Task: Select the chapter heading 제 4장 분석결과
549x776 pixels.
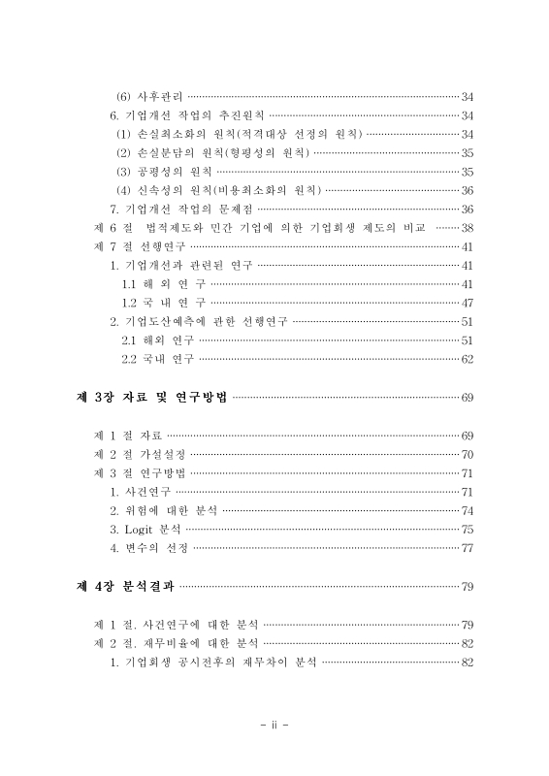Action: point(125,586)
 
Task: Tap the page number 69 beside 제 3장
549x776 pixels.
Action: point(467,398)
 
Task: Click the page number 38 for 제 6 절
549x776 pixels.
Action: point(467,227)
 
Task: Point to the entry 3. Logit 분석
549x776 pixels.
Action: point(145,530)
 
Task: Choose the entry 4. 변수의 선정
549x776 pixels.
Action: point(149,548)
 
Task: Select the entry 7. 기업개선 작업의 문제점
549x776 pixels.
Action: point(181,209)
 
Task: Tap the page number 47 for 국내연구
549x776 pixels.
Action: point(467,303)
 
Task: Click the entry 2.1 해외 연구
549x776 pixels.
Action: point(157,340)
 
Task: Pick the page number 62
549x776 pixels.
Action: point(467,360)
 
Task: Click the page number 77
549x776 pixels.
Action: point(467,548)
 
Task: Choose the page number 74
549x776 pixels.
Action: point(467,510)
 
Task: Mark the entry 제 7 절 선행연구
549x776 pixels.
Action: point(135,246)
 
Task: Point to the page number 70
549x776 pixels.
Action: point(467,454)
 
